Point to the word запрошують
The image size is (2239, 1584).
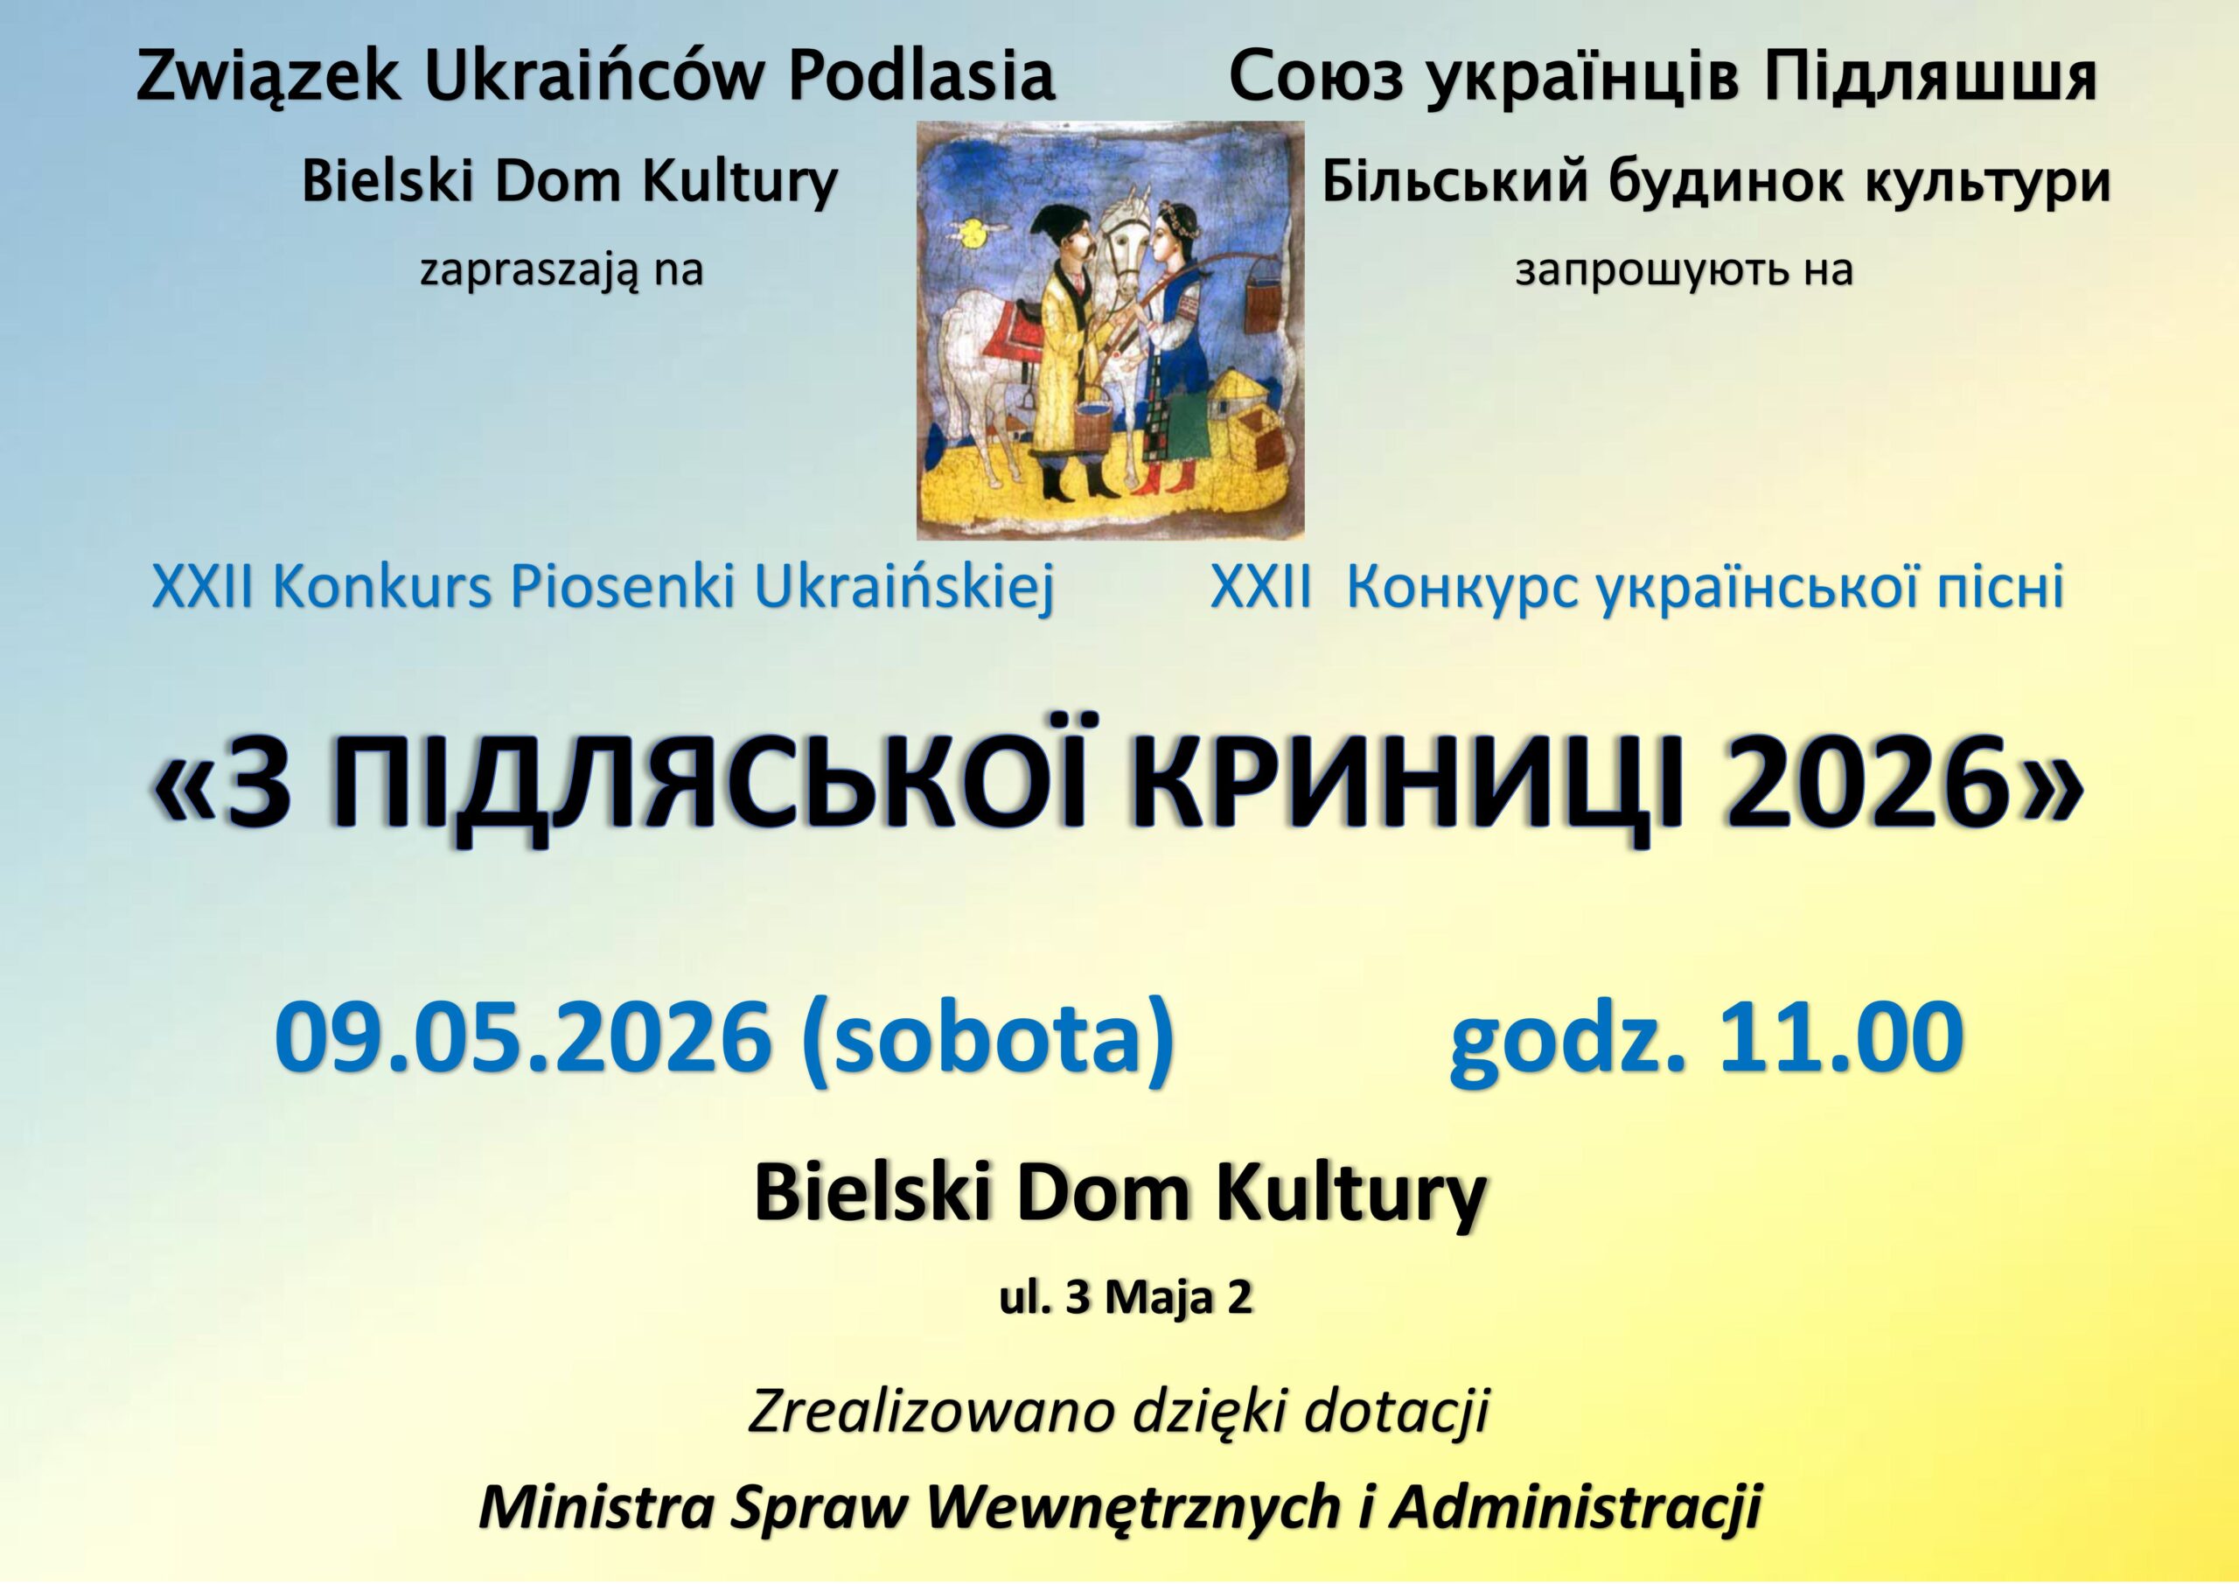point(1631,271)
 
